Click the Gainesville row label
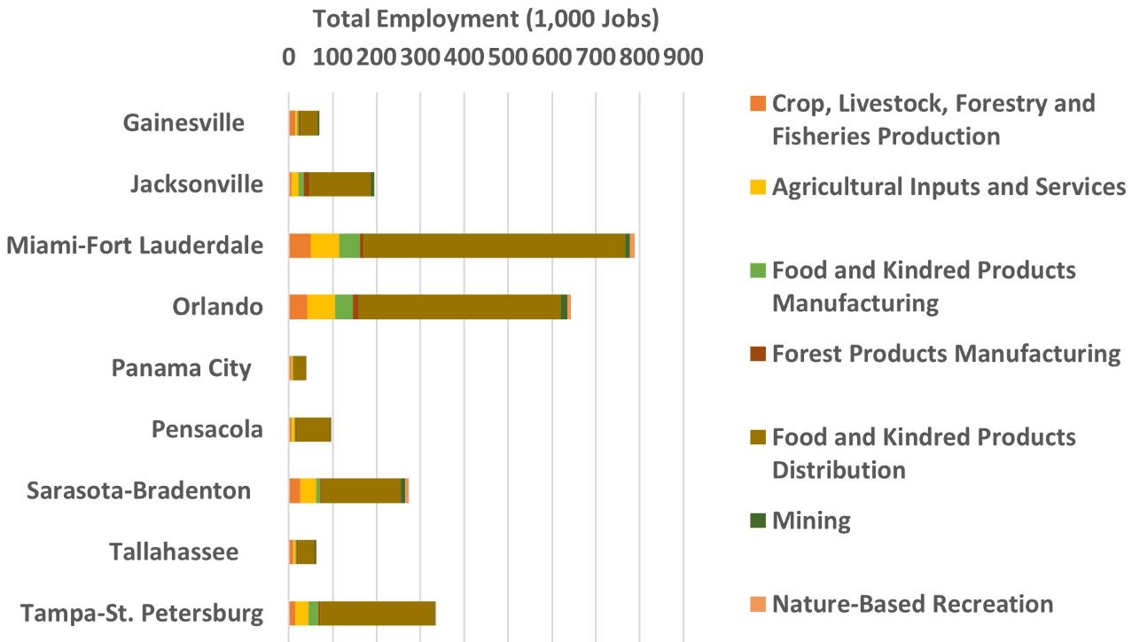(183, 122)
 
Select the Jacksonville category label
(196, 184)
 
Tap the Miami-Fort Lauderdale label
(135, 246)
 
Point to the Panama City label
(181, 368)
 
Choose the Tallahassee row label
(174, 552)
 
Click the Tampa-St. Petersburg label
(142, 614)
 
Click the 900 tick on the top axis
(683, 57)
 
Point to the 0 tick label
(289, 57)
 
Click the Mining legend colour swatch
(756, 521)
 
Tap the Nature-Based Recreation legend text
(912, 604)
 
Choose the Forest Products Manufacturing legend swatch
(756, 353)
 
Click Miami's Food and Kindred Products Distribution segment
(495, 246)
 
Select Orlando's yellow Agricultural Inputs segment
(321, 307)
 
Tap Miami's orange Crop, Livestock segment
(300, 246)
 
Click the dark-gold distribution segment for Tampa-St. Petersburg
(377, 614)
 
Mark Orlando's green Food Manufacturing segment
(344, 307)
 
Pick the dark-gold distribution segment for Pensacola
(313, 429)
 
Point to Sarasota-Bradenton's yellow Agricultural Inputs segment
(308, 490)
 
